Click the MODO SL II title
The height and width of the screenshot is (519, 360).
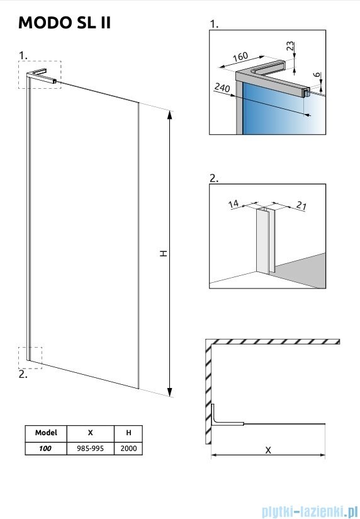65,23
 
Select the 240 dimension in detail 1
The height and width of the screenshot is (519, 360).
222,89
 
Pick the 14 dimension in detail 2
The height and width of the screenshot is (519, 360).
234,203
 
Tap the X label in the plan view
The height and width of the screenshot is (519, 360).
268,450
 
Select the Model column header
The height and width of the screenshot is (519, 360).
46,433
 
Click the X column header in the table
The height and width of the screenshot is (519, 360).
91,433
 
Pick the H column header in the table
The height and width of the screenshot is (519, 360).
129,433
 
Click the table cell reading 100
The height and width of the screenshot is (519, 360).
46,448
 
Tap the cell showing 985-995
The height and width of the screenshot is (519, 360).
91,448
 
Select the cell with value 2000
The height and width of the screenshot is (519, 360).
129,448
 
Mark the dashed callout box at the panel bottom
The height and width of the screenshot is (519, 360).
30,356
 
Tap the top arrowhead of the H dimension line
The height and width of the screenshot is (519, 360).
170,114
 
